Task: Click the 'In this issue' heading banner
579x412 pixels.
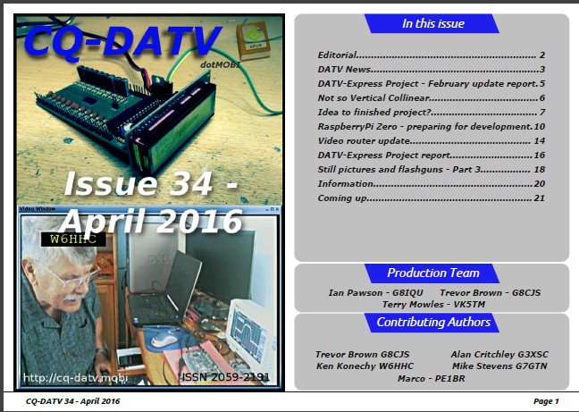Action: [x=432, y=23]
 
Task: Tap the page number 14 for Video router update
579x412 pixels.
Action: [x=540, y=140]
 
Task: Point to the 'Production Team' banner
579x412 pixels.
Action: [x=432, y=273]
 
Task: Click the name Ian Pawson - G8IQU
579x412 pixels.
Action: [x=376, y=293]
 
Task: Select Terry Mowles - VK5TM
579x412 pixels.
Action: [x=433, y=304]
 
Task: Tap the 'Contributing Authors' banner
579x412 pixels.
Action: [x=432, y=323]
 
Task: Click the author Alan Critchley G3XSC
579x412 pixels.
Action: [x=499, y=355]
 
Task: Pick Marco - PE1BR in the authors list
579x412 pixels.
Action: [x=431, y=378]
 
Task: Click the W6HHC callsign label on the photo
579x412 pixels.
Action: [x=73, y=240]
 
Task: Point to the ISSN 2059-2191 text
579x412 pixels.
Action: [x=226, y=377]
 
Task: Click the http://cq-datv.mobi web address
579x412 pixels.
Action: [x=75, y=378]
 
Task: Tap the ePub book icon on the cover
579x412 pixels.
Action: [x=252, y=39]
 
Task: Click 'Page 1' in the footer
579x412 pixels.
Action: [x=546, y=401]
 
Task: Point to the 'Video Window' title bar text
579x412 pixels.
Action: [x=37, y=208]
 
